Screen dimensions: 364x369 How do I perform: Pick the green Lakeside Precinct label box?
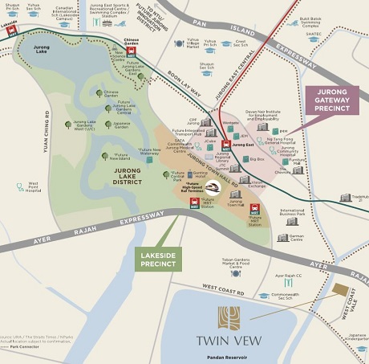pyautogui.click(x=158, y=259)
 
